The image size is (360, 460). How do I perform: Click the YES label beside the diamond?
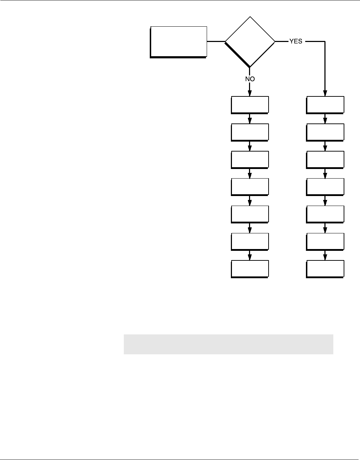[296, 41]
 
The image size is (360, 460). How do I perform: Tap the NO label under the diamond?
[250, 79]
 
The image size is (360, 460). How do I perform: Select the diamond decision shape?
[250, 42]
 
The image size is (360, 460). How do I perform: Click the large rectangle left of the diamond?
[178, 41]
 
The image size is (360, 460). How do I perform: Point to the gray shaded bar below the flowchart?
[228, 344]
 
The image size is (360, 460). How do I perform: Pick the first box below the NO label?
[250, 104]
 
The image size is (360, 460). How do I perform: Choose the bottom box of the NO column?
[250, 269]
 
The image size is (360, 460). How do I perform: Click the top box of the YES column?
[325, 104]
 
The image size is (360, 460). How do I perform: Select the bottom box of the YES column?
[325, 269]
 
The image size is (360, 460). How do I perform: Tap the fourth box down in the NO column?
[250, 186]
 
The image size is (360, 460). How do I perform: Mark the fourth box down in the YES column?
[325, 186]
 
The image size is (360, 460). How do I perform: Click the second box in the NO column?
[250, 132]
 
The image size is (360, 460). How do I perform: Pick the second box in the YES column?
[325, 132]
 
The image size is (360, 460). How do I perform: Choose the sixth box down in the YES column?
[325, 241]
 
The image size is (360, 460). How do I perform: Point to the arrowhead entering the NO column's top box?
[250, 93]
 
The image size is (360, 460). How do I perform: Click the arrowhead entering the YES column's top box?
[325, 93]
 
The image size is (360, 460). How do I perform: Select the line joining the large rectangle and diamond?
[216, 41]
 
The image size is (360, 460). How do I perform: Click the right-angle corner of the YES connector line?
[325, 41]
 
